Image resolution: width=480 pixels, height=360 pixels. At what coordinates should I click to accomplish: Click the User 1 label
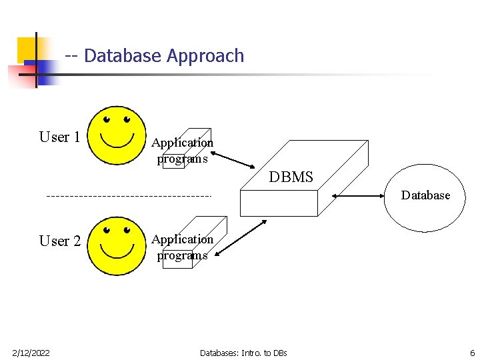tap(60, 137)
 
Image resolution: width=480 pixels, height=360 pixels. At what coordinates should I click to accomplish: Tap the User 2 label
tap(60, 241)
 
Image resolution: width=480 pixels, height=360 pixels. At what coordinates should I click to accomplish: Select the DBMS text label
tap(291, 177)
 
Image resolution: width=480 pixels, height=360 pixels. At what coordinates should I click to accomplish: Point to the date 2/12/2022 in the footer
tap(31, 352)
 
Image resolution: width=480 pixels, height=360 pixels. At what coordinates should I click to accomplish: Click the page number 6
tap(472, 352)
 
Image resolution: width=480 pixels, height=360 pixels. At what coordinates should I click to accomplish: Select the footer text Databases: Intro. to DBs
tap(243, 352)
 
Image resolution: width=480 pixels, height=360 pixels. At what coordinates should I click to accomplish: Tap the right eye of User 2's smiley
tap(127, 230)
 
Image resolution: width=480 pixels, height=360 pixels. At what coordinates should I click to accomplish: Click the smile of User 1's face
tap(117, 141)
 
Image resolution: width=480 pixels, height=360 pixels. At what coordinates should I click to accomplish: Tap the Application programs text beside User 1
tap(182, 150)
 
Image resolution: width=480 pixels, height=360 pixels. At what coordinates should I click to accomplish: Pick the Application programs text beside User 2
tap(182, 247)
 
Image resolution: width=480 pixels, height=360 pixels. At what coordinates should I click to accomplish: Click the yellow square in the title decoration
tap(27, 48)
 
